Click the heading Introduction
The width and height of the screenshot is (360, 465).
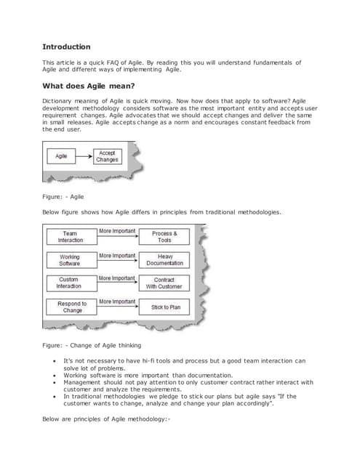click(66, 46)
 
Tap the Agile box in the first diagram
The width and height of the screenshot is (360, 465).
click(62, 155)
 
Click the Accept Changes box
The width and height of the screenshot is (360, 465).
click(106, 155)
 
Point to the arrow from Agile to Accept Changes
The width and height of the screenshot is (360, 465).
click(84, 155)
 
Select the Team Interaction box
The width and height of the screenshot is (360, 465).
click(70, 237)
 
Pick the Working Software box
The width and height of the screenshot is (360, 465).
click(70, 259)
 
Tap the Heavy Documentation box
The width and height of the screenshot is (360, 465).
click(164, 259)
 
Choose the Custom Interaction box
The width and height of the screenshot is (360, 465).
click(70, 283)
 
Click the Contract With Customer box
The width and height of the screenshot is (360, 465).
click(164, 283)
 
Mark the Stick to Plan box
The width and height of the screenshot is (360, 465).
click(164, 307)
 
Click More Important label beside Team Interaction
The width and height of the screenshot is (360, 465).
click(117, 231)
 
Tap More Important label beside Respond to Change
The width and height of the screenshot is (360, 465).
click(117, 301)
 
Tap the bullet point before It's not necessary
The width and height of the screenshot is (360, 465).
click(55, 361)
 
